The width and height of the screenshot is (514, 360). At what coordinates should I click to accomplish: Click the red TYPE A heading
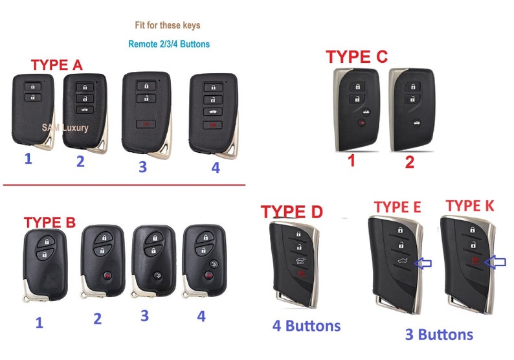tap(57, 65)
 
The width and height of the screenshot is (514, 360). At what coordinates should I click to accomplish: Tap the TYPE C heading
tap(357, 57)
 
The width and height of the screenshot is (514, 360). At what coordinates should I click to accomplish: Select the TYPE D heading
tap(292, 212)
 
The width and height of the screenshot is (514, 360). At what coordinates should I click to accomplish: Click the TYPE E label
tap(397, 207)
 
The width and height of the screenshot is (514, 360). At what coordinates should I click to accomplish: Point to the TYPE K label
tap(470, 205)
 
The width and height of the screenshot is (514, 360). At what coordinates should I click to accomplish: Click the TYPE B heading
tap(50, 222)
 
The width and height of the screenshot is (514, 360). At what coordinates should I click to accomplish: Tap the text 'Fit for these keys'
tap(168, 25)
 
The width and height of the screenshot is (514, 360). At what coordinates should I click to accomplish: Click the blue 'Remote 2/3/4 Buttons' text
tap(169, 44)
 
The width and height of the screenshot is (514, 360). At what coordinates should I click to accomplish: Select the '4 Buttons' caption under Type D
tap(306, 326)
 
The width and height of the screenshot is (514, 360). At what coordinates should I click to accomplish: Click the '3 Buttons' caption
tap(439, 335)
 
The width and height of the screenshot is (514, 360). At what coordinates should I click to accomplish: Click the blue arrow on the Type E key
tap(423, 263)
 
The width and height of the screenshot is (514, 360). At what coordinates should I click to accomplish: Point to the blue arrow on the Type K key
tap(495, 262)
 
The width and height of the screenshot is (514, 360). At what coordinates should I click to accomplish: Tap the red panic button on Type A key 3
tap(146, 124)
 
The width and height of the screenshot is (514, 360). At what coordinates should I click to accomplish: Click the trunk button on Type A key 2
tap(85, 110)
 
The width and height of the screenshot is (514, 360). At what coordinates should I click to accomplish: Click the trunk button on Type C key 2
tap(417, 123)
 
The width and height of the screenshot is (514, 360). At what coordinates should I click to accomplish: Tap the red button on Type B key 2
tap(107, 275)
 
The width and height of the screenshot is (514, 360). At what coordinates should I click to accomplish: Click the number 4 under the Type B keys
tap(201, 316)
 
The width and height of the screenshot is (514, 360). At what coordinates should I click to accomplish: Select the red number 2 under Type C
tap(409, 162)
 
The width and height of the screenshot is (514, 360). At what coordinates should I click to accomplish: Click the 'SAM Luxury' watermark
tap(65, 128)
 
